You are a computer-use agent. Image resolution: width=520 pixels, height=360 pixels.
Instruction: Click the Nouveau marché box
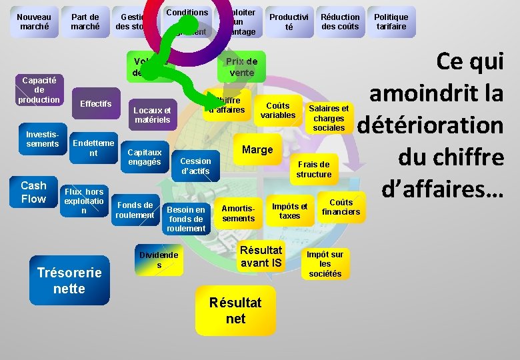33,22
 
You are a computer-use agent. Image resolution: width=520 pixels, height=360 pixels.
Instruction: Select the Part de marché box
85,22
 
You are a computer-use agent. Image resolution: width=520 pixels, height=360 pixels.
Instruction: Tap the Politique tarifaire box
391,22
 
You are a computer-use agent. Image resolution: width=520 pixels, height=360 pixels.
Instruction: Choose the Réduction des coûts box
340,22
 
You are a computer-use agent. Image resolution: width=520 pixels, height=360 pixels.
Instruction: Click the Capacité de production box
39,89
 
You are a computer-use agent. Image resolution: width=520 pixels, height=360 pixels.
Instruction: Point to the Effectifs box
96,103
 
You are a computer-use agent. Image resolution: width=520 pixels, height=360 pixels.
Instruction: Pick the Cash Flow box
33,192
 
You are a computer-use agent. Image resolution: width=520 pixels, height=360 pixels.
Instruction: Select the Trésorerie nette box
69,281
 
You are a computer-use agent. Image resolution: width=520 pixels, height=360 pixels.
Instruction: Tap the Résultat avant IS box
261,257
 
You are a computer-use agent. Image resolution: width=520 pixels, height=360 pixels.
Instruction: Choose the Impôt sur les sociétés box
325,264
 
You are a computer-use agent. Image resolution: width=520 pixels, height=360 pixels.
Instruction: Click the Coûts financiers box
341,207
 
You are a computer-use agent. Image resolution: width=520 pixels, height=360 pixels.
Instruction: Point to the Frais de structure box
313,169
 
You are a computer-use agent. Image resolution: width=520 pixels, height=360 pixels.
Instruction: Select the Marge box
257,149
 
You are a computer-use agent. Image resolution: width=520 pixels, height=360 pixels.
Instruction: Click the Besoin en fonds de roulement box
187,219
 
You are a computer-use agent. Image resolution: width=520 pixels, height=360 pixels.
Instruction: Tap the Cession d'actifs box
195,166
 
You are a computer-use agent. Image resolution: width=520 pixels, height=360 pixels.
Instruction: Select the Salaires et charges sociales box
328,118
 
